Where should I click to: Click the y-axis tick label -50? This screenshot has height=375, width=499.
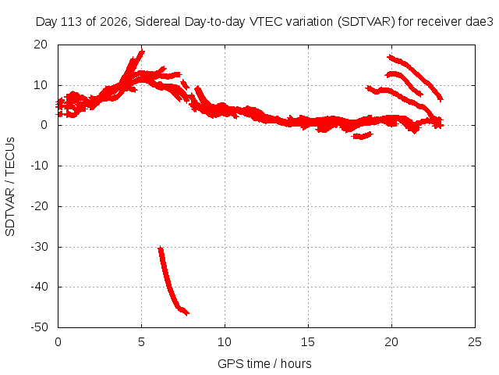click(40, 327)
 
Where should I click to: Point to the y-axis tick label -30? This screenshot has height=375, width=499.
click(40, 247)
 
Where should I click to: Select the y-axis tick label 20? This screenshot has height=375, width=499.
click(41, 45)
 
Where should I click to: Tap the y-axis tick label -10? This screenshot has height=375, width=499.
click(40, 166)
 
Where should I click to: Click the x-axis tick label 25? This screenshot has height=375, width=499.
click(475, 342)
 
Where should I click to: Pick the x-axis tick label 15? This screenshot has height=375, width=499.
click(308, 342)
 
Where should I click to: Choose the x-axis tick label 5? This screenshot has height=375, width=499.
click(141, 342)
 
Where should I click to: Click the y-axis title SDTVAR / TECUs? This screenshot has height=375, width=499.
click(10, 187)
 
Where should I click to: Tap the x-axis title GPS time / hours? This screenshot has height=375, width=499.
click(264, 363)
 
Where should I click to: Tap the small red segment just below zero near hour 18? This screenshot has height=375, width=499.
click(362, 135)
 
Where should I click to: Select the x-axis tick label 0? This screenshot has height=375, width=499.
click(58, 342)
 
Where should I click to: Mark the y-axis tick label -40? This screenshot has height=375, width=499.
click(40, 287)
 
